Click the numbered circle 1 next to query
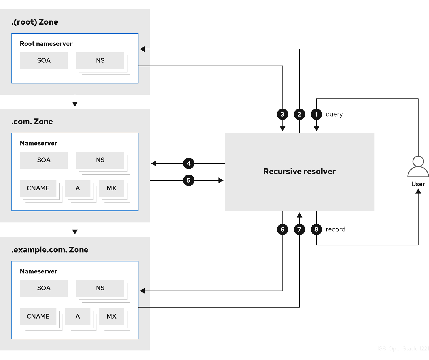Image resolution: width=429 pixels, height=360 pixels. click(x=316, y=114)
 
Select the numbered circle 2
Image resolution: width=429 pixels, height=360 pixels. click(x=299, y=114)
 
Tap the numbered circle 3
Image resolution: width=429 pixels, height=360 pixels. click(x=282, y=114)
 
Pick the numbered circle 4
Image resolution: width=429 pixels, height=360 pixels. click(x=189, y=163)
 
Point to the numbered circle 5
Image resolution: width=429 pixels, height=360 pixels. click(x=189, y=180)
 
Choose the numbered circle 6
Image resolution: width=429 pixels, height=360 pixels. click(x=282, y=229)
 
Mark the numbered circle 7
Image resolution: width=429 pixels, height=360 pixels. click(x=299, y=229)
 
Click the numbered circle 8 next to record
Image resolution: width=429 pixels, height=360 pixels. click(x=316, y=229)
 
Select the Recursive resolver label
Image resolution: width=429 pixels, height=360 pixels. click(x=299, y=172)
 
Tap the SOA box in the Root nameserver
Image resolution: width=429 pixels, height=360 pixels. click(x=44, y=61)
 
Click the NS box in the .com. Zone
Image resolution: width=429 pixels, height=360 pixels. click(x=100, y=160)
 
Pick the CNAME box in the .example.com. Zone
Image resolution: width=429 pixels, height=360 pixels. click(x=38, y=316)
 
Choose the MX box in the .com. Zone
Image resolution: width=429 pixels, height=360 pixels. click(x=111, y=188)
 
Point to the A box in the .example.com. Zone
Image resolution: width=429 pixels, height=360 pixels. click(x=78, y=316)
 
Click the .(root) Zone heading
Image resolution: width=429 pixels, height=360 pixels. click(x=35, y=22)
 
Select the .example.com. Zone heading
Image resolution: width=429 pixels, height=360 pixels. click(x=50, y=250)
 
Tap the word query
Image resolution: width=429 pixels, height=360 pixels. click(x=334, y=114)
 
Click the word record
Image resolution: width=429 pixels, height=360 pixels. click(x=335, y=229)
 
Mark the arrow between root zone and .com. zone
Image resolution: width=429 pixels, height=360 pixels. click(x=75, y=101)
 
